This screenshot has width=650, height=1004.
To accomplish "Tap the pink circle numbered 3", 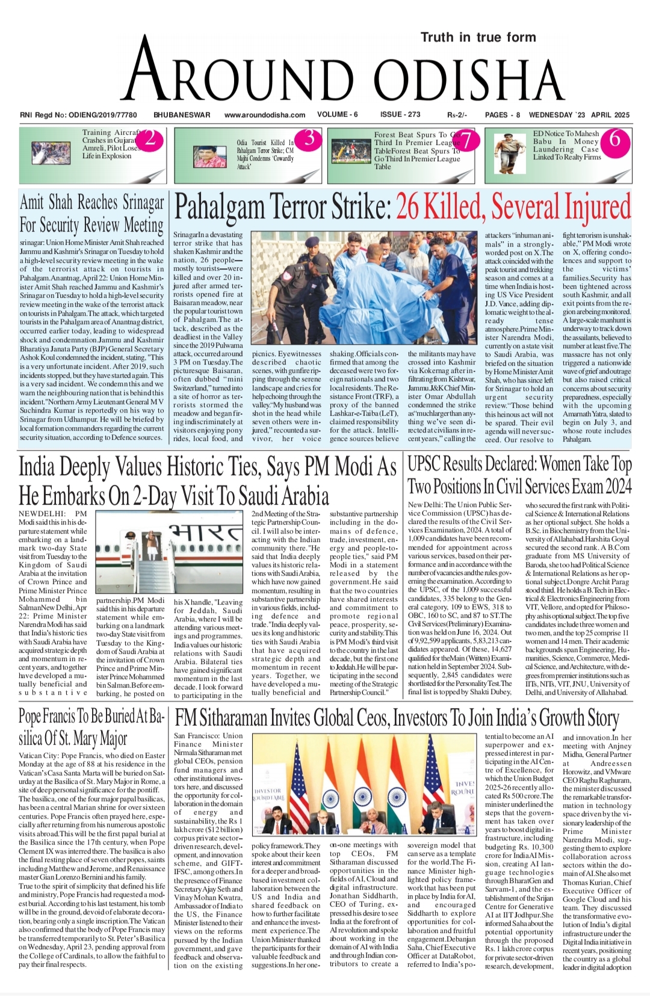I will coord(309,140).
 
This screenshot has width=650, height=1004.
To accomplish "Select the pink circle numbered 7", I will coord(468,141).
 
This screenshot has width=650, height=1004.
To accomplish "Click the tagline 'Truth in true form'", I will coord(478,37).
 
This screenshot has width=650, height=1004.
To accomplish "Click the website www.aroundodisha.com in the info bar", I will coord(265,115).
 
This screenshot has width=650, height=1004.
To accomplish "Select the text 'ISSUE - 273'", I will coord(400,114).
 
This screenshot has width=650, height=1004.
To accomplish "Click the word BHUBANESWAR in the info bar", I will coord(182,115).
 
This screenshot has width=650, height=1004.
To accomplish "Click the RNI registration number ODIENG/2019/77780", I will coord(104,115).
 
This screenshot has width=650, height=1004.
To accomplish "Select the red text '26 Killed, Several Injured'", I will coord(513,208).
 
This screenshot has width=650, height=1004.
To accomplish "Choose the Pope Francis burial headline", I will coord(91,727).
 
